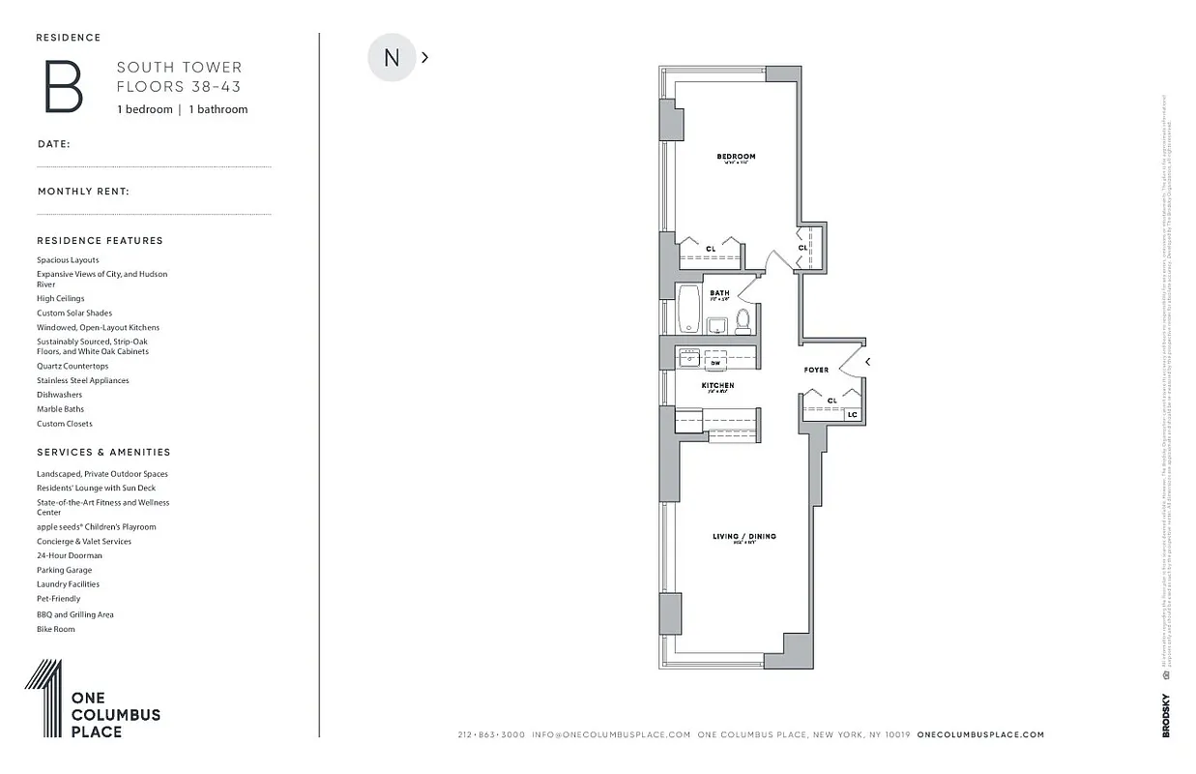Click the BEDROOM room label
(736, 157)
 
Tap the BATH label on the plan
(719, 293)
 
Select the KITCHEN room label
(717, 385)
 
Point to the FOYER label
(816, 370)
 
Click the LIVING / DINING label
(744, 536)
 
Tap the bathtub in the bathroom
(688, 310)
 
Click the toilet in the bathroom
(743, 320)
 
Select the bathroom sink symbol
(716, 326)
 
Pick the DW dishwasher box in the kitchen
(715, 363)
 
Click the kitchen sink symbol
(689, 356)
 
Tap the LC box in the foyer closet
(852, 414)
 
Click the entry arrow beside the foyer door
(867, 362)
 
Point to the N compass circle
(392, 57)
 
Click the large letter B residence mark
(64, 87)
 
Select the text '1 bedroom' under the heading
(144, 109)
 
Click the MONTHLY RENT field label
(83, 192)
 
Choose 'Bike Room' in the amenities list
(56, 629)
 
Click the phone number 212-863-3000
(491, 734)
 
